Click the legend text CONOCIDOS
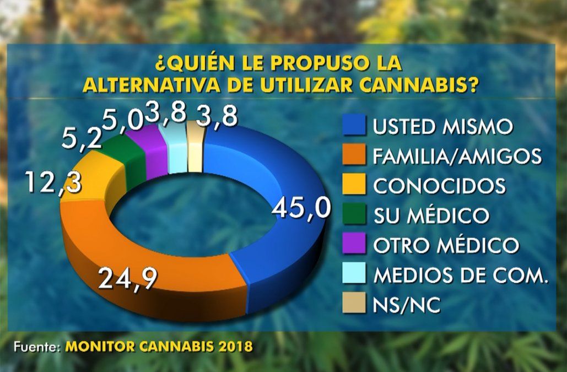[439, 186]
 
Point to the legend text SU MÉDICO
[430, 215]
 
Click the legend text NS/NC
[406, 304]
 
